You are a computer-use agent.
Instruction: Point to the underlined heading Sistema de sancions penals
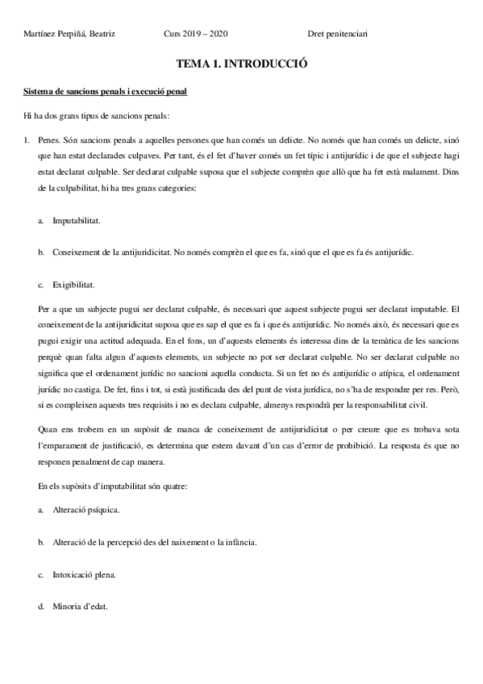pos(106,92)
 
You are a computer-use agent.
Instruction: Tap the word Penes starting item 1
pos(48,140)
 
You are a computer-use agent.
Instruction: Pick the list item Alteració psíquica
pos(86,511)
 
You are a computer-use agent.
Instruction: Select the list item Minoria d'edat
pos(80,607)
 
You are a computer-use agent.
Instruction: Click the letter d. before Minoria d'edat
pos(40,607)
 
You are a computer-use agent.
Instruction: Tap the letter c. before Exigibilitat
pos(40,285)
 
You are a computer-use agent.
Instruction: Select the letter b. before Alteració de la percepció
pos(40,543)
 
